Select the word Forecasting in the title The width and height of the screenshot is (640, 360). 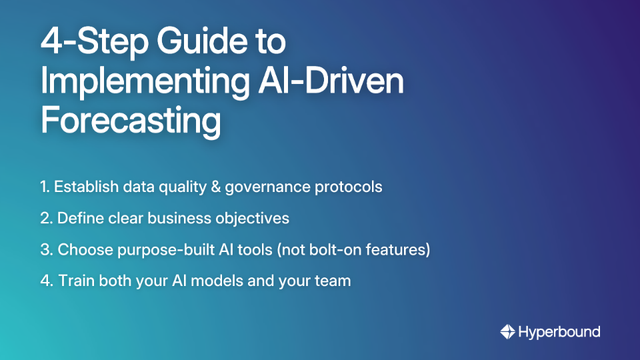click(x=131, y=121)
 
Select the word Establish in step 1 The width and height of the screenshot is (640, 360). click(x=83, y=187)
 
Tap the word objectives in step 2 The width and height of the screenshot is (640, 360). click(x=256, y=218)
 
